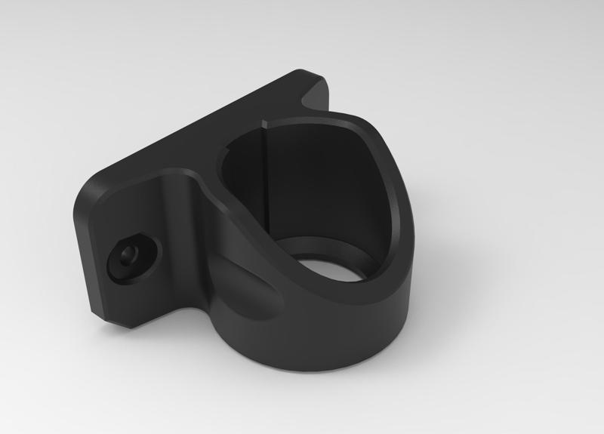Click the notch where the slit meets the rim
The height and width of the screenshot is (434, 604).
(265, 122)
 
